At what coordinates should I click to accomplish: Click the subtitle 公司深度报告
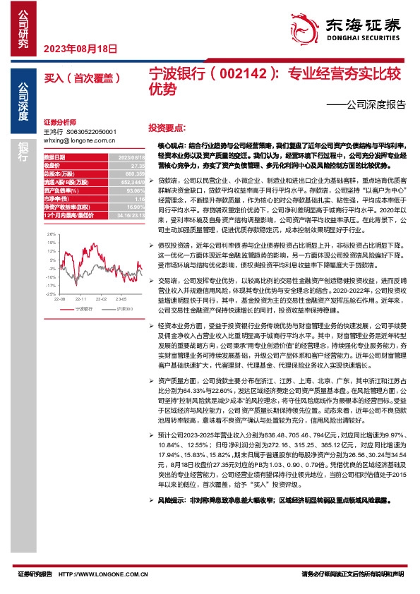tap(372, 104)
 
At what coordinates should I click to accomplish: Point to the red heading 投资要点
tap(167, 128)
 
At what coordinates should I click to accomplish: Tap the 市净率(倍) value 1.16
tap(139, 200)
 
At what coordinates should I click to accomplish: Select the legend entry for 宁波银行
tap(81, 309)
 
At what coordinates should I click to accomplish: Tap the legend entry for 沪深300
tap(122, 309)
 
